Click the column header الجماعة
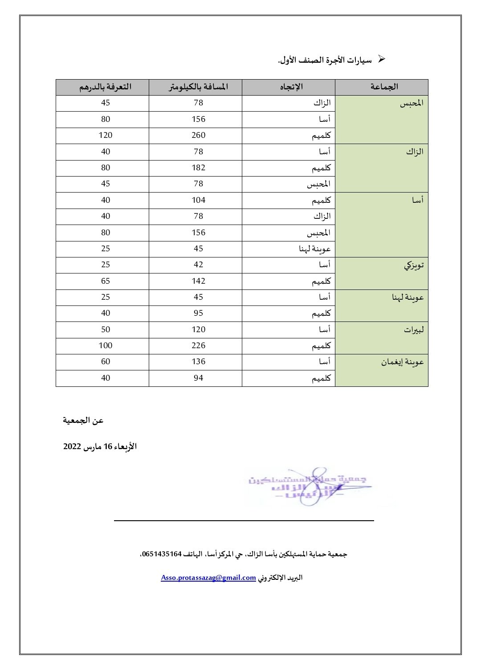tap(384, 87)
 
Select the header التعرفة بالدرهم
tap(106, 87)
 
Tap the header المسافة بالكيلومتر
tap(198, 87)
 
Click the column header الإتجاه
tap(291, 87)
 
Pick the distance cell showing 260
tap(198, 135)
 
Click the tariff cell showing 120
tap(106, 135)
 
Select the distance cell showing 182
tap(198, 168)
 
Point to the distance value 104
tap(198, 200)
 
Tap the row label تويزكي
tap(414, 265)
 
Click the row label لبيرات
tap(414, 330)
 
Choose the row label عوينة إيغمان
tap(402, 362)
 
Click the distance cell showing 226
tap(198, 346)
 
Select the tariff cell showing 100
tap(106, 346)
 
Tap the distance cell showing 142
tap(198, 281)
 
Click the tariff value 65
tap(106, 281)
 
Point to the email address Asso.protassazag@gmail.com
tap(208, 578)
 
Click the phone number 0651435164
tap(161, 554)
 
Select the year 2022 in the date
tap(72, 446)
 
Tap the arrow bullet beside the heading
tap(381, 59)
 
